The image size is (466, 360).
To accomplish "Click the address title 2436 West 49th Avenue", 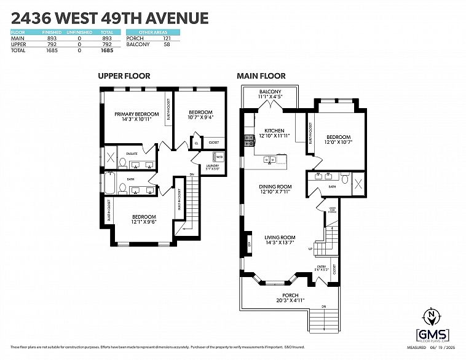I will point(109,18).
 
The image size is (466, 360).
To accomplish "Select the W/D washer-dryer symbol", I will point(219,157).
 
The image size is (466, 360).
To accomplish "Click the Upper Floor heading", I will point(124,76).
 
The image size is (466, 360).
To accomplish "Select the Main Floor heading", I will point(261,76).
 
